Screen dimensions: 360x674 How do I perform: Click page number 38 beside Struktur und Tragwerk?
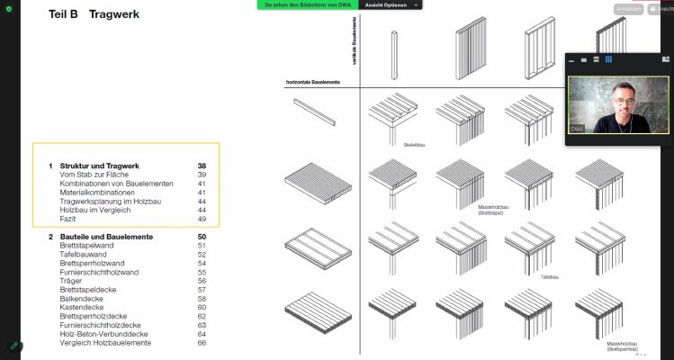point(202,166)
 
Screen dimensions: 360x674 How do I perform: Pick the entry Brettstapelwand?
point(89,246)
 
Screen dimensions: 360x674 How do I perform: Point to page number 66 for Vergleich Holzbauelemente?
point(202,343)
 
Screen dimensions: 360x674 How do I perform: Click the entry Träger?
point(72,281)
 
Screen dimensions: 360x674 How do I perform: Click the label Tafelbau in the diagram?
point(550,277)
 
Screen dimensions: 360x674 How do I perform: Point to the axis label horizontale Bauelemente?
point(312,83)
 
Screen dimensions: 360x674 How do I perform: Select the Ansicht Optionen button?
point(391,5)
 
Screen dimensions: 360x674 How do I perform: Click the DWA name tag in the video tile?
point(578,130)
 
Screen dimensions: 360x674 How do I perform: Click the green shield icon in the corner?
point(8,8)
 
